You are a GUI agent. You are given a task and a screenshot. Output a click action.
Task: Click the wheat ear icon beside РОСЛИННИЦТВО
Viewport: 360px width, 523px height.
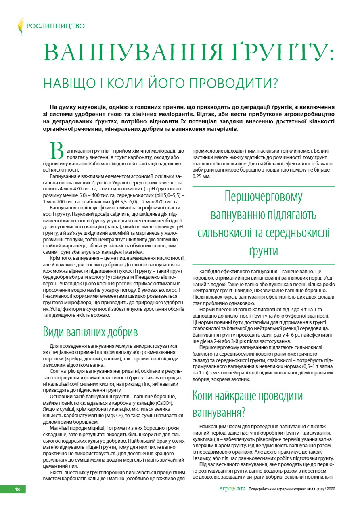(20, 27)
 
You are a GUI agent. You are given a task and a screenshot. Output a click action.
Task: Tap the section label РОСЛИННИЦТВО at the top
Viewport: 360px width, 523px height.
(55, 26)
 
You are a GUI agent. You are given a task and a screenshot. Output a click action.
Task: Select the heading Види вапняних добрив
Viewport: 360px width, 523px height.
(90, 332)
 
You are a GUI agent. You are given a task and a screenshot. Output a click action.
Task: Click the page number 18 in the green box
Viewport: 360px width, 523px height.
(17, 489)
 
